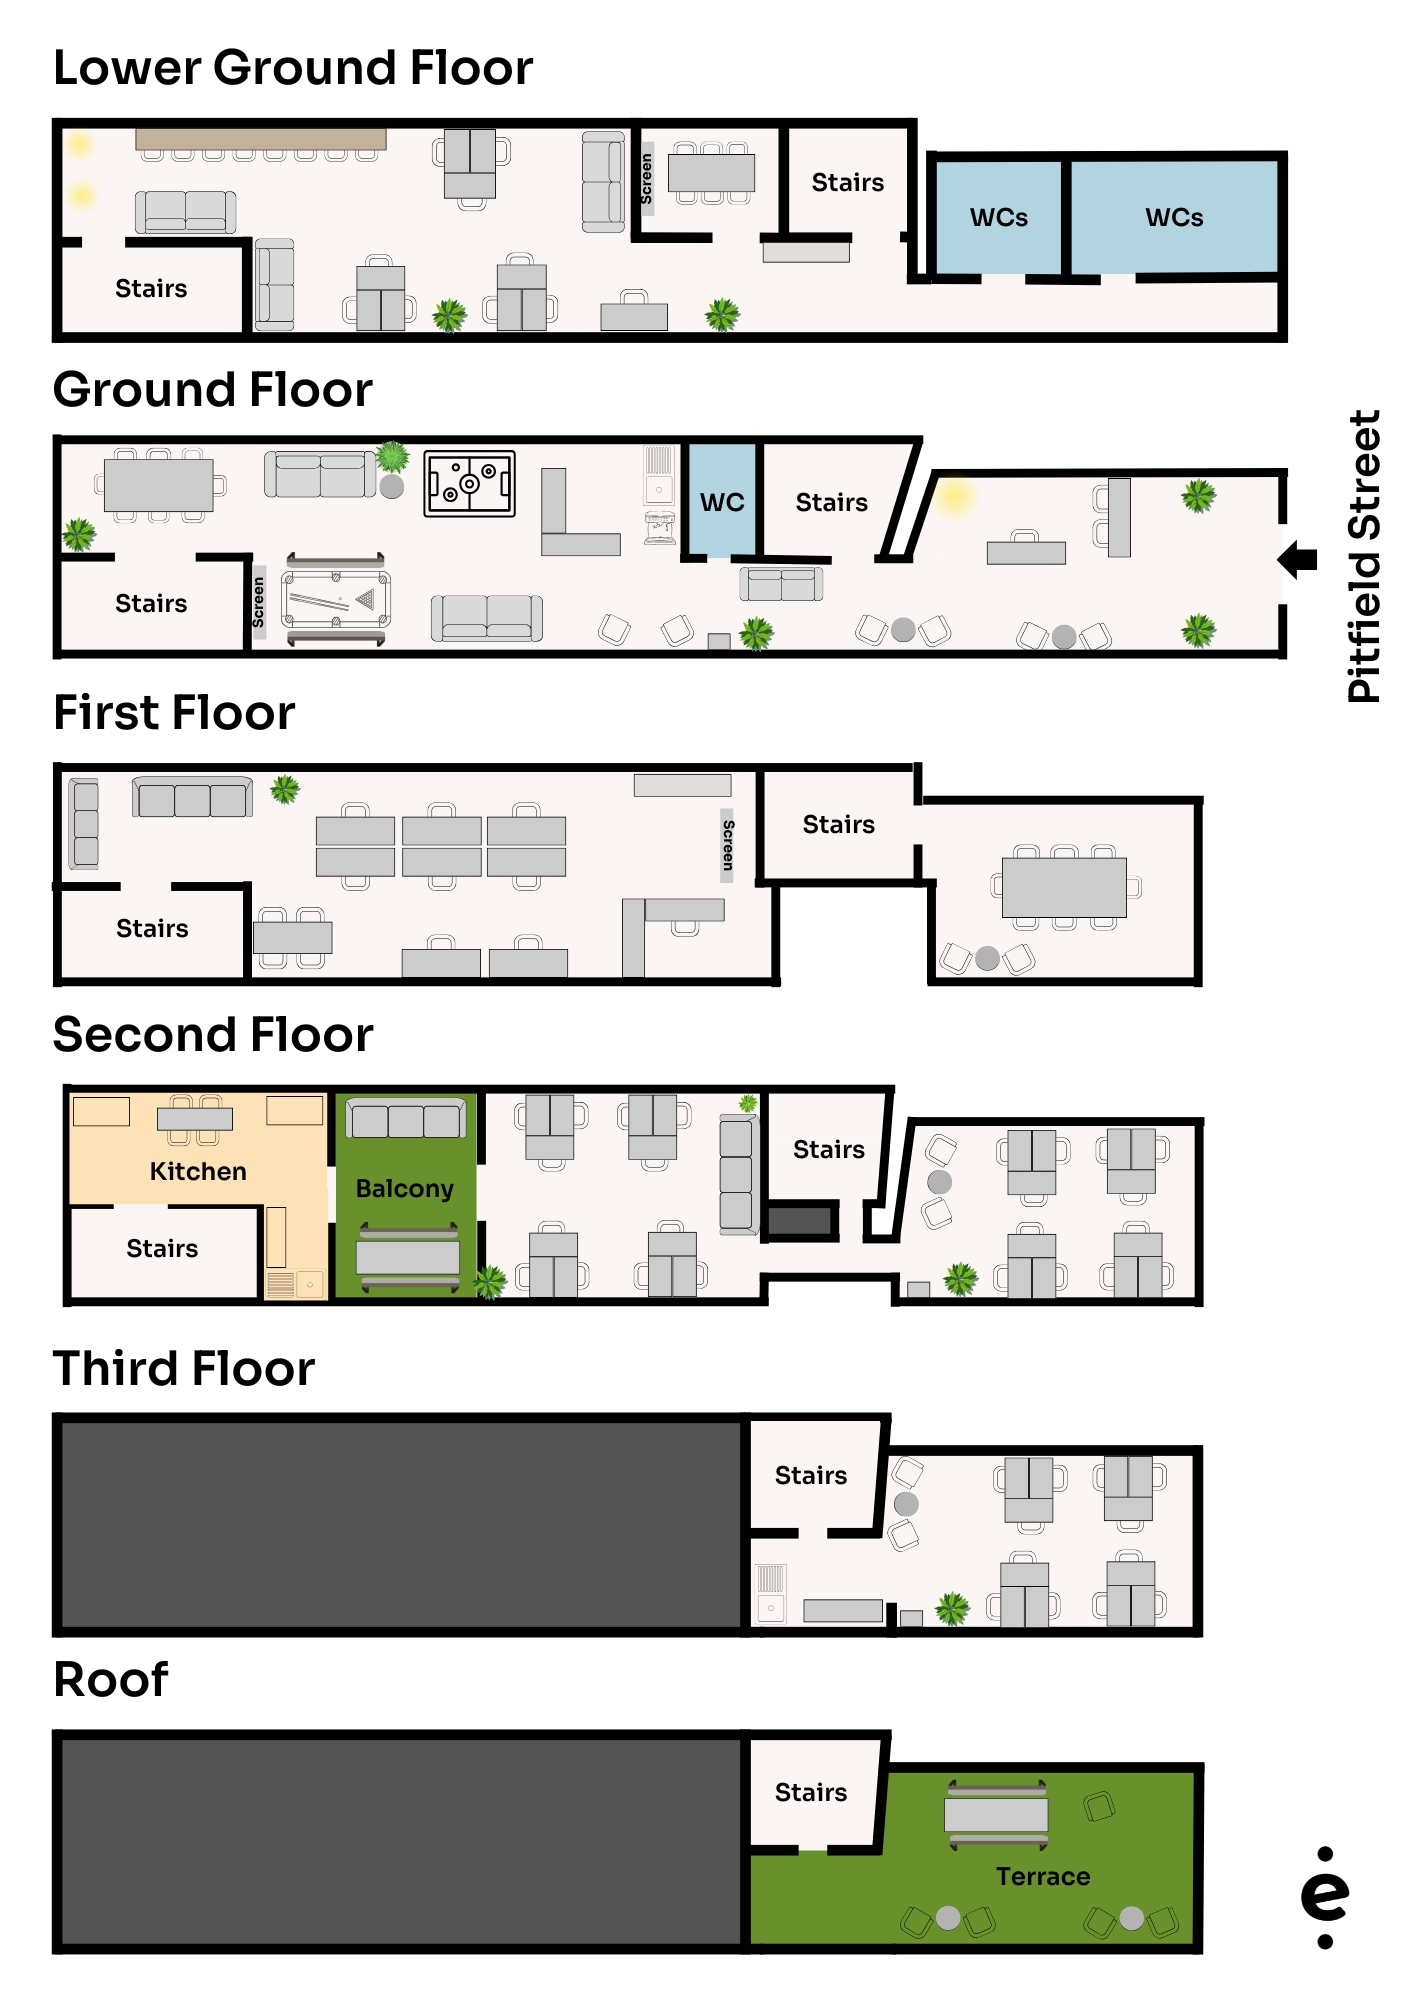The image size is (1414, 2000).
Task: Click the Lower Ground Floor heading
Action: (x=292, y=68)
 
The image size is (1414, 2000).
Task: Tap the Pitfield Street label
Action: (x=1363, y=556)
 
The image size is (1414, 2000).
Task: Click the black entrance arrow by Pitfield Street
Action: (x=1298, y=560)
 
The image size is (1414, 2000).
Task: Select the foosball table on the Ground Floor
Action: (x=469, y=484)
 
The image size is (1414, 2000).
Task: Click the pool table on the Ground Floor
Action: (x=336, y=599)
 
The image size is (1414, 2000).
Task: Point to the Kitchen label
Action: (x=198, y=1171)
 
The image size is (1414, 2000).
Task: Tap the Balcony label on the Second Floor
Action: (x=405, y=1188)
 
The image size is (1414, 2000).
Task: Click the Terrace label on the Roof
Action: (x=1042, y=1876)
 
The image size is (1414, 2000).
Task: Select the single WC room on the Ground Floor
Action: (x=722, y=500)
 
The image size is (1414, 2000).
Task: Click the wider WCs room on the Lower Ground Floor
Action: (x=1174, y=217)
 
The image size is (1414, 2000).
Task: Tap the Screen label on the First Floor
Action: (x=728, y=845)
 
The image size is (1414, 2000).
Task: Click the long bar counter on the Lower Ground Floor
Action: (x=261, y=139)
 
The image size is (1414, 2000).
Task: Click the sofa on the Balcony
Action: (x=406, y=1119)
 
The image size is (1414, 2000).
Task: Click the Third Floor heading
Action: (x=184, y=1368)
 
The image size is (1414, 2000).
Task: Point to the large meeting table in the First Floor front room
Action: (x=1064, y=887)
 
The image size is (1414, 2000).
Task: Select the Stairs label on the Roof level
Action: (x=810, y=1792)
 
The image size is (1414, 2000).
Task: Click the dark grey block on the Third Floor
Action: (x=400, y=1523)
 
